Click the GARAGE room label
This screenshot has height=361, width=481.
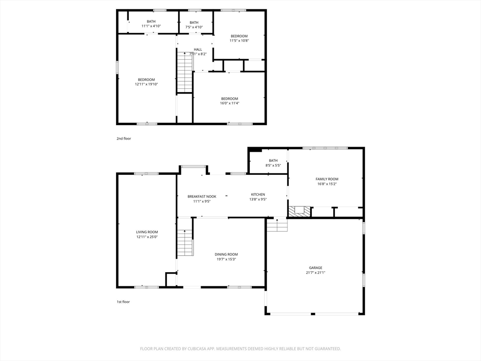tap(315, 267)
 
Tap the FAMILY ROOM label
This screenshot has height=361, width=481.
tap(327, 179)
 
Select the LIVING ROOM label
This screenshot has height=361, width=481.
tap(147, 232)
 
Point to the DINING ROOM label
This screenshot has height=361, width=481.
tap(226, 254)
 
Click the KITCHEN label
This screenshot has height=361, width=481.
tap(258, 194)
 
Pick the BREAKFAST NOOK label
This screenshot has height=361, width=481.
tap(202, 196)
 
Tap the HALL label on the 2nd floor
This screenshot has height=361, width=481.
tap(198, 49)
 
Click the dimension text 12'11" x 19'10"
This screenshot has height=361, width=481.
tap(147, 84)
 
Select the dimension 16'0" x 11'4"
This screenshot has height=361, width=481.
tap(229, 103)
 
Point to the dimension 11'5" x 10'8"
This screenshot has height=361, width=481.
tap(239, 40)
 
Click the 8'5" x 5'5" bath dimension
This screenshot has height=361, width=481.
tap(273, 165)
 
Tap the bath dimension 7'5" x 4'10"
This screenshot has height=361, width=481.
tap(194, 27)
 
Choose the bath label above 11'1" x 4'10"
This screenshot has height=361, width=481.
tap(151, 22)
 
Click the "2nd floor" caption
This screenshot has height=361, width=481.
tap(124, 139)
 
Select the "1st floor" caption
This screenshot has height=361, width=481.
tap(123, 302)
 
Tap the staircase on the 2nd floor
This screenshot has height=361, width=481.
tap(185, 72)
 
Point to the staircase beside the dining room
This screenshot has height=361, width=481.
tap(185, 243)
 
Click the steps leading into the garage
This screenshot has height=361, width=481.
tap(277, 225)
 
